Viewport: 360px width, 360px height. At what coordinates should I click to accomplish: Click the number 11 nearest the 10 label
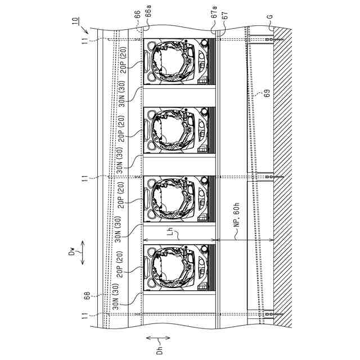click(x=84, y=41)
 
